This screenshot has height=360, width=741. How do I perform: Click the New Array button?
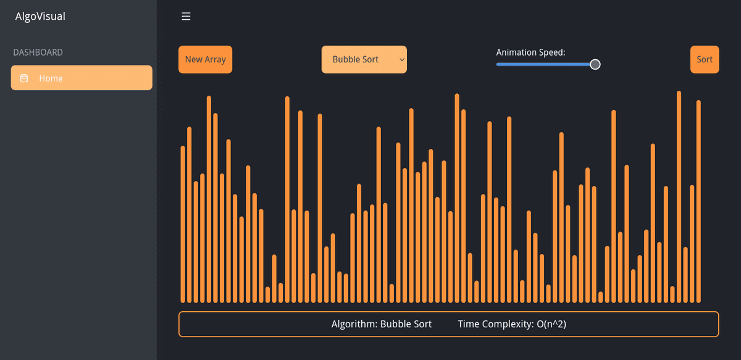(x=205, y=60)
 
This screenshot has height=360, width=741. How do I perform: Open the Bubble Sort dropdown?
(x=364, y=60)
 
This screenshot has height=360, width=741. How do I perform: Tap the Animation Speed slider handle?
(x=595, y=64)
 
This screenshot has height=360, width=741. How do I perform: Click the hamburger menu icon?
(x=186, y=17)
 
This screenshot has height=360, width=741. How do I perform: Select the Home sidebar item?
(x=82, y=78)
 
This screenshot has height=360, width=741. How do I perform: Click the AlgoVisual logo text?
(x=40, y=17)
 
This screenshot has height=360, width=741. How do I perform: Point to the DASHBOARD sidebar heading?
(x=38, y=52)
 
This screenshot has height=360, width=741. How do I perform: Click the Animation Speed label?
(x=530, y=52)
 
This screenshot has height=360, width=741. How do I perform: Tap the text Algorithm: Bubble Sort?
(x=382, y=324)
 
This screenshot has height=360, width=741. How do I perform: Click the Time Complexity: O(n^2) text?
(x=512, y=324)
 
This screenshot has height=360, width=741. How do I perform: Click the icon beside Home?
(x=24, y=78)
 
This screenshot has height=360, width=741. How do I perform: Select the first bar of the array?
(x=183, y=225)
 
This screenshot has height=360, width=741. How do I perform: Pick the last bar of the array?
(x=698, y=201)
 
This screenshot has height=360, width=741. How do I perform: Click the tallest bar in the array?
(x=679, y=197)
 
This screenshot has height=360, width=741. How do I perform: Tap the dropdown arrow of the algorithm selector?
(x=401, y=60)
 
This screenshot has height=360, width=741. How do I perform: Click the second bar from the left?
(x=190, y=215)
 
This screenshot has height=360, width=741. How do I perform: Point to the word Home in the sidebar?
(x=51, y=78)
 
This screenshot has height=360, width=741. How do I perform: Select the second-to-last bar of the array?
(x=692, y=244)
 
